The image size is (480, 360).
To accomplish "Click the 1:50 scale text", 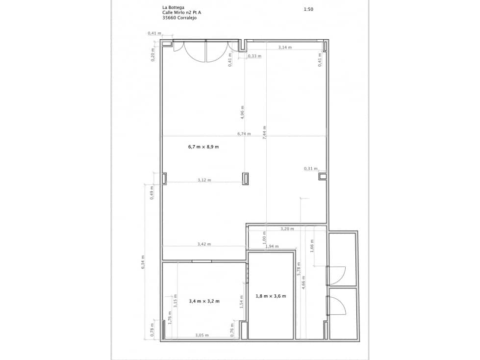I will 308,9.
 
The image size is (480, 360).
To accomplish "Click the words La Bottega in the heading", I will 173,7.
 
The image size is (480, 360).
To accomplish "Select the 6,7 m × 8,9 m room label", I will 203,147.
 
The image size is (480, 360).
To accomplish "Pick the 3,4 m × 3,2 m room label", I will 204,301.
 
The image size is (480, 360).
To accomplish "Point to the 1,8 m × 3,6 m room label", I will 271,296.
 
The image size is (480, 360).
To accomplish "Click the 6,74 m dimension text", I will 244,133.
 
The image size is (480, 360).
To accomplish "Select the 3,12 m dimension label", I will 204,180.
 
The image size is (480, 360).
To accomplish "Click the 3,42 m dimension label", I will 204,244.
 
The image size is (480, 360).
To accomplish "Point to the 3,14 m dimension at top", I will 285,48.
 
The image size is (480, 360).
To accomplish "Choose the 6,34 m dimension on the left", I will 143,262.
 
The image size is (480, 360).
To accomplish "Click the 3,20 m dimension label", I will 287,229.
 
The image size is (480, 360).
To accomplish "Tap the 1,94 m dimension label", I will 272,246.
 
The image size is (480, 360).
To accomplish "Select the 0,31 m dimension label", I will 310,169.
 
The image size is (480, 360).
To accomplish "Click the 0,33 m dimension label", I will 254,56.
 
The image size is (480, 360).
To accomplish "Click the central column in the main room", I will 246,179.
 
